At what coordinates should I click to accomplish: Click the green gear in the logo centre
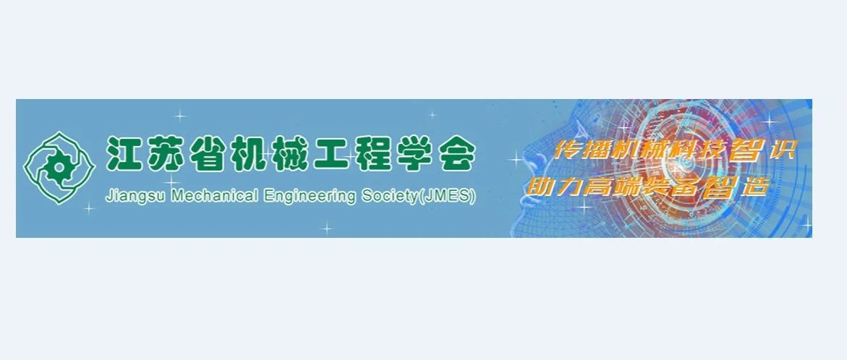click(56, 168)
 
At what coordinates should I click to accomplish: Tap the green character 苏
click(166, 155)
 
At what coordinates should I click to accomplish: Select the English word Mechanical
click(214, 195)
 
